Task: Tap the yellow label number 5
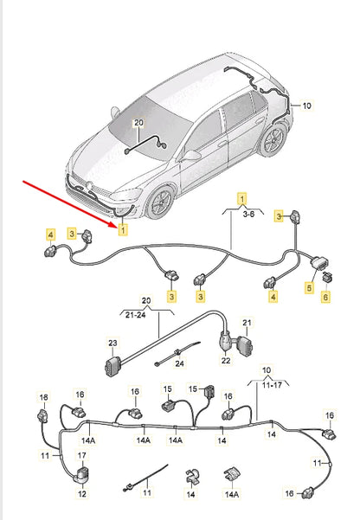309,287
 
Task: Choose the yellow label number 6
326,297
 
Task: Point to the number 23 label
112,343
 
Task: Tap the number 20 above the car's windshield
137,125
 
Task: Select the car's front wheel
159,204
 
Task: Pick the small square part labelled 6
331,277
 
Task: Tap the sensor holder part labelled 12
83,475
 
